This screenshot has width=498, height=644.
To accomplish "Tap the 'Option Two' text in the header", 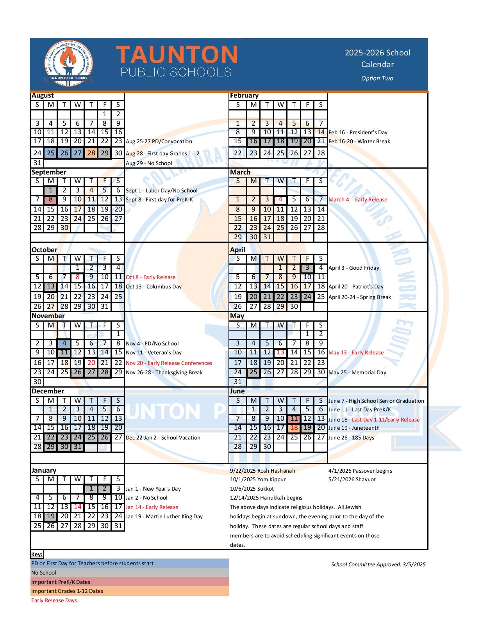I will [377, 78].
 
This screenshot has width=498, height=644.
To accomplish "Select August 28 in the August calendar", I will [91, 153].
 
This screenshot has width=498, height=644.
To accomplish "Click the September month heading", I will [49, 172].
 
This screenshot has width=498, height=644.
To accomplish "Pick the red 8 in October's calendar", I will [78, 277].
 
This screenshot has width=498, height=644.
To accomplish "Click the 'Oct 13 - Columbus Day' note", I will [154, 286].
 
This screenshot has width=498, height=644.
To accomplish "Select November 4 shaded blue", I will [64, 343].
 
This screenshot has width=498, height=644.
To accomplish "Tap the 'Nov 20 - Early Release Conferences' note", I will [169, 363].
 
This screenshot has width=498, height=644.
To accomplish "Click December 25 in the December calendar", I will [91, 438].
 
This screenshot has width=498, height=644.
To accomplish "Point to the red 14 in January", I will [78, 507].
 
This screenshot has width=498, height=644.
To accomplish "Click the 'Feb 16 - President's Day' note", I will [358, 132].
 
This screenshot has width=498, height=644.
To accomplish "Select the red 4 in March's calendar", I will [280, 199].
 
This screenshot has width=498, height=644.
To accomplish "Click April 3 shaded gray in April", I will [307, 268].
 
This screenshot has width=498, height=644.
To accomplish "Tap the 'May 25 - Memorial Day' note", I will [357, 372].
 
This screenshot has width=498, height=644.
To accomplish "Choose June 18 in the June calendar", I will [294, 428].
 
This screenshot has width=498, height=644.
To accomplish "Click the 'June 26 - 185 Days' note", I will [351, 438].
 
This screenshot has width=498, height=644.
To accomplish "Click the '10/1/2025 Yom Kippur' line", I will [258, 479].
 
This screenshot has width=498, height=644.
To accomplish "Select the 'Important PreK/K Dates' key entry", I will [61, 582].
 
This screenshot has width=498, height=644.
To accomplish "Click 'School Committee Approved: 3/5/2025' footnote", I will [378, 564].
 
